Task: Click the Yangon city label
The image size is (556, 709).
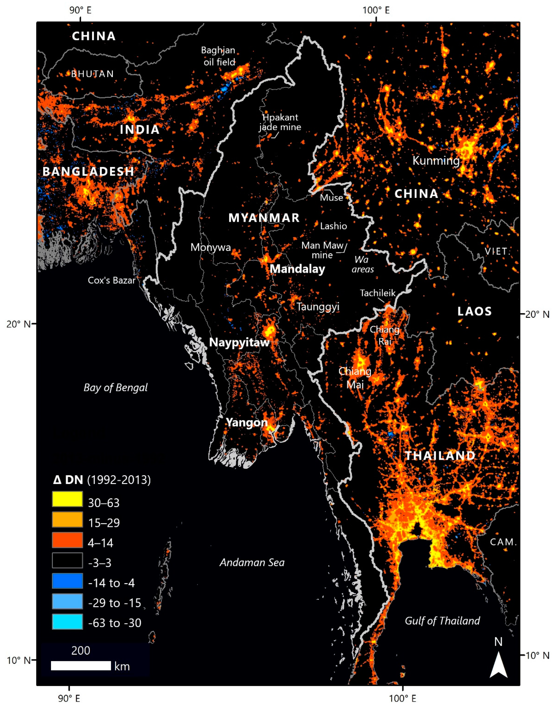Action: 246,423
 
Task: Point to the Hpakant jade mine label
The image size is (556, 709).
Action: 280,122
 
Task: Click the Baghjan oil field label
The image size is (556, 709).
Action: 218,56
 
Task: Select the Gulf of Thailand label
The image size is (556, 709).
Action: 442,621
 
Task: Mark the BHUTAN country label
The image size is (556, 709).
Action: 92,74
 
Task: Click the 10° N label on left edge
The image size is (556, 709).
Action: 18,661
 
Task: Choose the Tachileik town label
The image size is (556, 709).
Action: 378,293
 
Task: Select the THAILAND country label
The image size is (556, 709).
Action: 440,455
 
